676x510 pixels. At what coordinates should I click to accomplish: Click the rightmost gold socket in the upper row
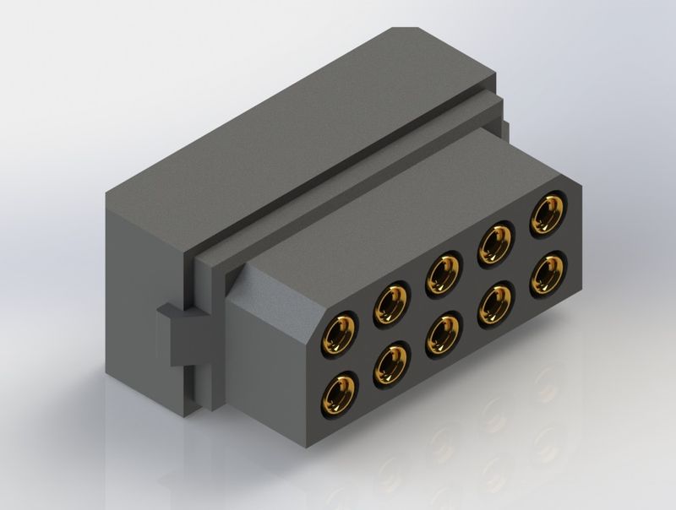click(548, 214)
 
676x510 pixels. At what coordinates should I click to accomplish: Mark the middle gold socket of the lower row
click(444, 331)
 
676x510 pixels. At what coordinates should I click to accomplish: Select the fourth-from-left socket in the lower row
click(496, 302)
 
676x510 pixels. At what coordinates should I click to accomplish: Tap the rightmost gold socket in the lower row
click(548, 273)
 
